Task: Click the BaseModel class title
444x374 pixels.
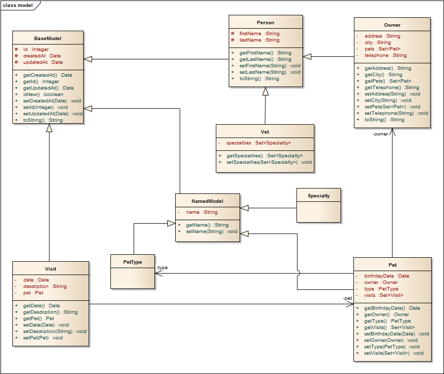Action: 48,38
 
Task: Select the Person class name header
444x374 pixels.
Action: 265,22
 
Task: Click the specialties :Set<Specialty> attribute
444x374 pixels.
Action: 258,143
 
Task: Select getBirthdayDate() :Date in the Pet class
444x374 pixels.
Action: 392,308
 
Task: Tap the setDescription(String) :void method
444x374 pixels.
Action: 54,331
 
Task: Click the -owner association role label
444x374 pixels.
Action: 381,134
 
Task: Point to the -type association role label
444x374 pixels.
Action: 162,268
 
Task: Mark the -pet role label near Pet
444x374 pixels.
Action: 347,298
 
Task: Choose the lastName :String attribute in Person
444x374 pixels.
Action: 259,40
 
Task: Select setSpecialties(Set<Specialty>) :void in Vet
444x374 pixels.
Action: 269,162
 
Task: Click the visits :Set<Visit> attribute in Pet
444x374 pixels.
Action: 384,295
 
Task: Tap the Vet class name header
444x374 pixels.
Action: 265,132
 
